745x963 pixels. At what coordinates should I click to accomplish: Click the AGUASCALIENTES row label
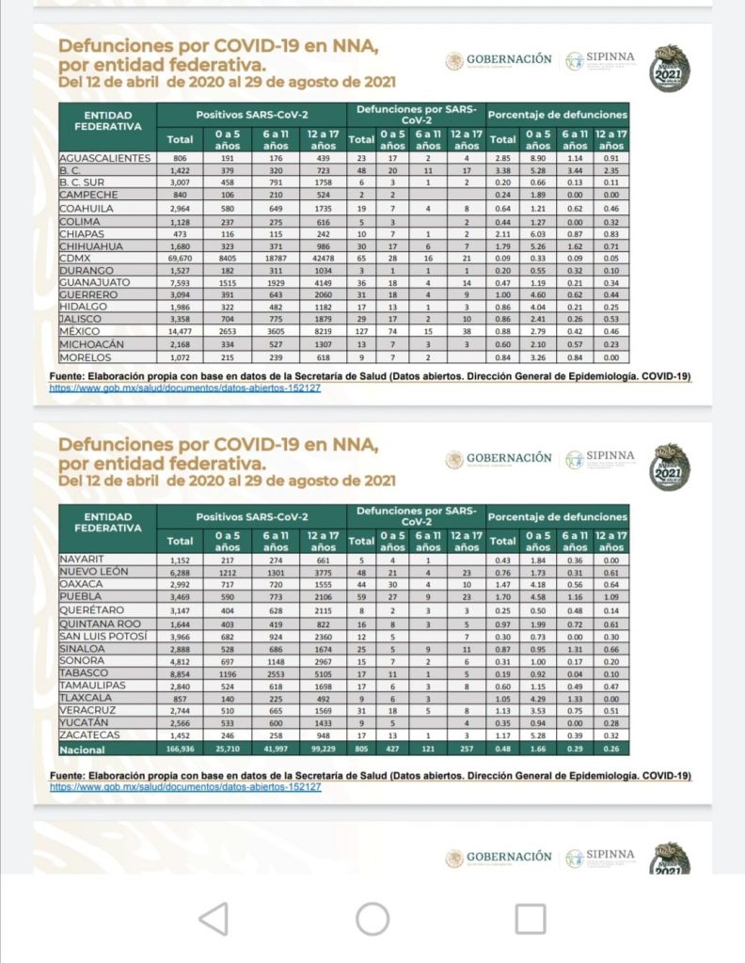click(104, 158)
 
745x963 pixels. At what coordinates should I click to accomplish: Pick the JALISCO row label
click(81, 318)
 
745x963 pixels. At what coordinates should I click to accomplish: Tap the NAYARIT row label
click(82, 560)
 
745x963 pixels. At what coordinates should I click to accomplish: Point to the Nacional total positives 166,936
click(179, 750)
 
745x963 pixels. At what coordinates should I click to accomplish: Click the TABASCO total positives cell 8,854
click(179, 673)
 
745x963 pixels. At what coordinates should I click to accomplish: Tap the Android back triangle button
click(214, 919)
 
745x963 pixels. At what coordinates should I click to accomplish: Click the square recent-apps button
click(531, 919)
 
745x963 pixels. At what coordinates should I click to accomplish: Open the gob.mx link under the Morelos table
click(185, 387)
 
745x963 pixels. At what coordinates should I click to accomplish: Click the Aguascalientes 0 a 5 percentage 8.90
click(537, 158)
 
